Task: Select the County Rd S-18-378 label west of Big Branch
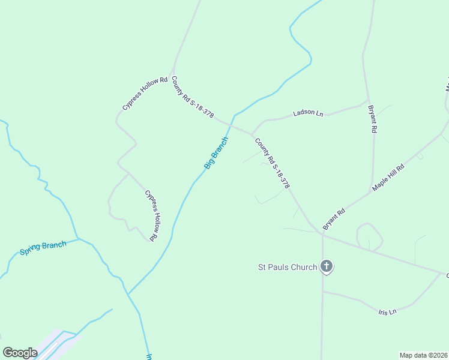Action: [193, 98]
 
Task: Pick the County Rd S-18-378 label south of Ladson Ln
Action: [273, 164]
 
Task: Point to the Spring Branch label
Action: [43, 248]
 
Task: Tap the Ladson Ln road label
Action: [308, 113]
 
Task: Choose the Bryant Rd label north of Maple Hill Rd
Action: [373, 119]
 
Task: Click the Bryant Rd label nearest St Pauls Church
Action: [334, 219]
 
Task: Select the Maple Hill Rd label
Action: [388, 176]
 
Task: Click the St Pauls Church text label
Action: [288, 267]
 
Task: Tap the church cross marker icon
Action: [327, 266]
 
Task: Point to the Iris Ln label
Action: [388, 312]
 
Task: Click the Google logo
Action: [20, 353]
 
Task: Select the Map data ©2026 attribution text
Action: [423, 355]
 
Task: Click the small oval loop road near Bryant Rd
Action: [370, 237]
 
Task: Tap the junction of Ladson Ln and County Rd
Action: [252, 133]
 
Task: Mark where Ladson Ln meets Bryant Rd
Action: [368, 100]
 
